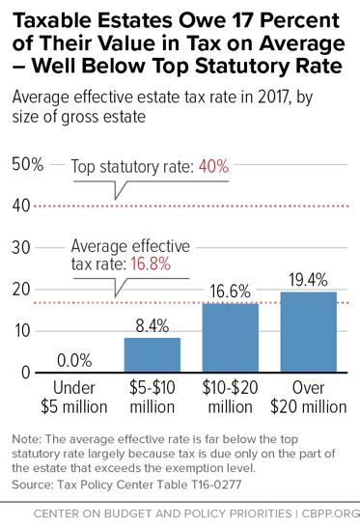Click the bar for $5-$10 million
[152, 355]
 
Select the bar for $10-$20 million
[230, 338]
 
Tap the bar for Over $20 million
[308, 332]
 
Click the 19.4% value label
[308, 279]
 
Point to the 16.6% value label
[230, 291]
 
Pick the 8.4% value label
[152, 325]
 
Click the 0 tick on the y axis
[24, 373]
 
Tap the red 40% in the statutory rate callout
[212, 166]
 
